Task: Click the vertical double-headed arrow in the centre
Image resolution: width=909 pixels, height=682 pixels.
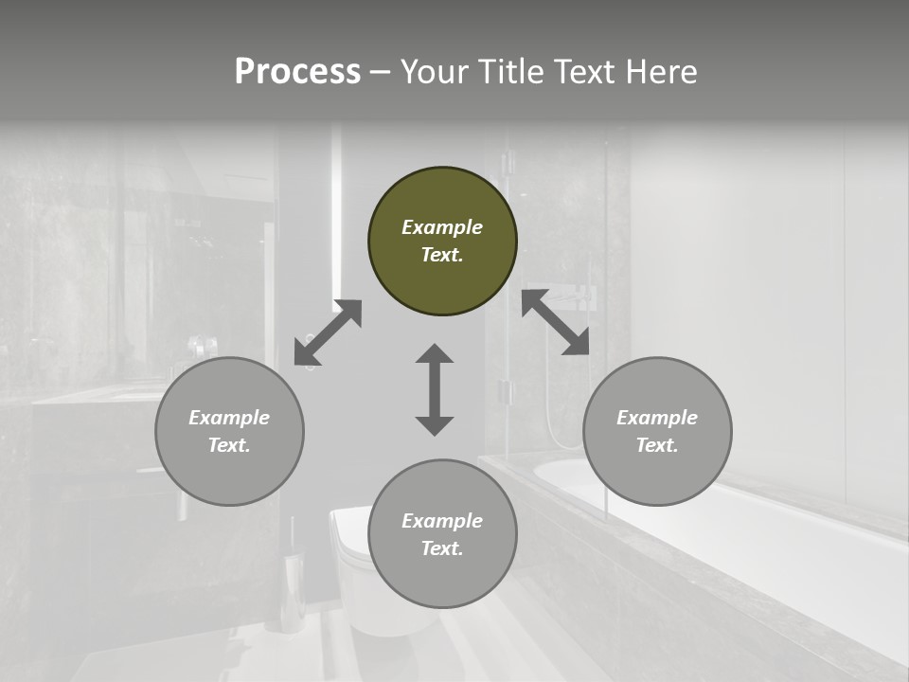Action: coord(435,389)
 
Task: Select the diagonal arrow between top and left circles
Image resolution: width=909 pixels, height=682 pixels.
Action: coord(328,332)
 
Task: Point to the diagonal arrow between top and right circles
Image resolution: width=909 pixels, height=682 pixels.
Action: coord(556,322)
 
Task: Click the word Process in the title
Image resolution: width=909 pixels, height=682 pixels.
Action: coord(297,72)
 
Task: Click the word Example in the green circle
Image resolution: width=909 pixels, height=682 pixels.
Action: coord(442,227)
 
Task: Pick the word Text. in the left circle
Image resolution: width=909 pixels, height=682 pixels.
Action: coord(229,445)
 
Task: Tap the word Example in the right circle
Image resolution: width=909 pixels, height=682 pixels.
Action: coord(657,418)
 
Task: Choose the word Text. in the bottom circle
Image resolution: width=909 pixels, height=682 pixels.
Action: coord(442,548)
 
